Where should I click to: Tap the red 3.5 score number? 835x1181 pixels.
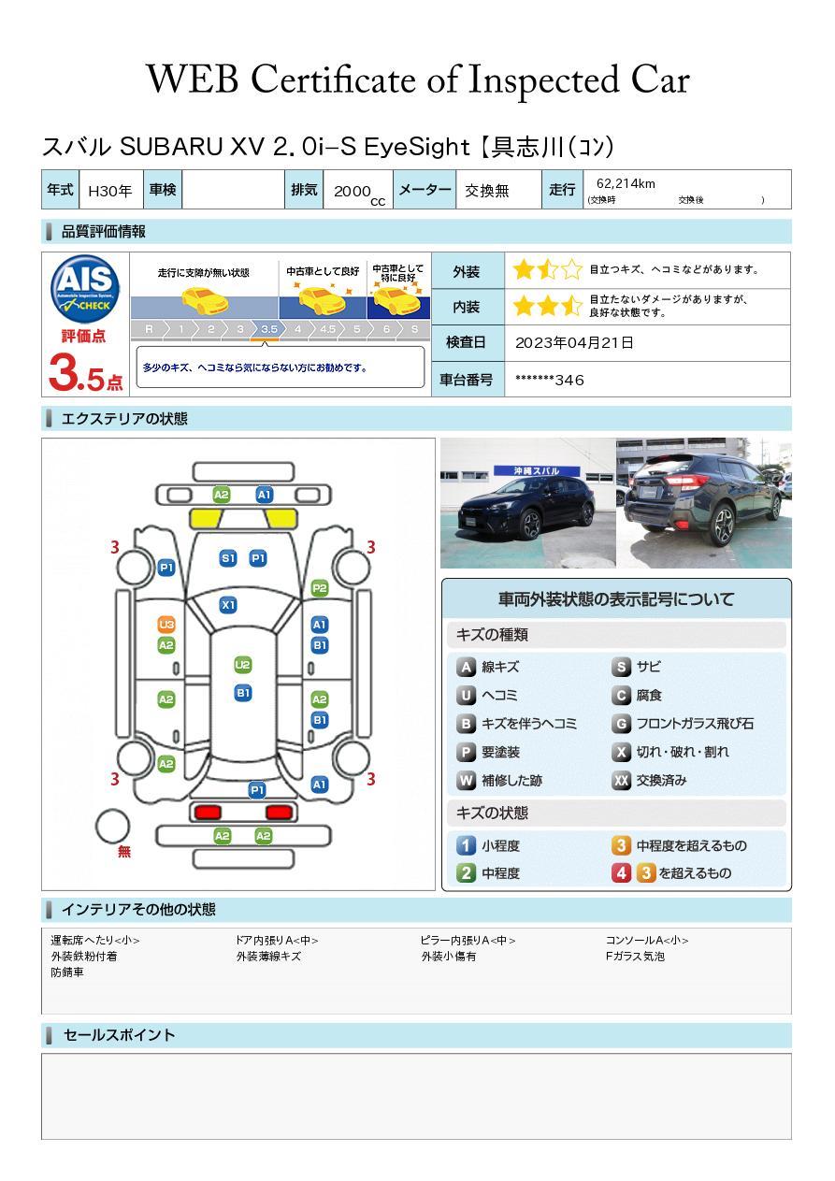click(83, 373)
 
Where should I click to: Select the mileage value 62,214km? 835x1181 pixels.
click(626, 184)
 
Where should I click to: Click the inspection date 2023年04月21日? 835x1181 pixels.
click(574, 343)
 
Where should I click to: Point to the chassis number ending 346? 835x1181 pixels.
click(550, 380)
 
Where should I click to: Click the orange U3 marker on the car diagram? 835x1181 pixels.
click(166, 625)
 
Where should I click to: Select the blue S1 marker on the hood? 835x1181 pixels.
click(228, 558)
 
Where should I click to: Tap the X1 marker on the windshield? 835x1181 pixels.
click(228, 605)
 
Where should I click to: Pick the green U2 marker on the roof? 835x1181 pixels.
click(243, 665)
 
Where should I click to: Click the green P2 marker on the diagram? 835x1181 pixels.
click(320, 588)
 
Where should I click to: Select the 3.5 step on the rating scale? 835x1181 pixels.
click(269, 329)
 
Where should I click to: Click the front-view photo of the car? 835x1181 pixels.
click(527, 504)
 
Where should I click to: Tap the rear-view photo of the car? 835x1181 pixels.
click(703, 504)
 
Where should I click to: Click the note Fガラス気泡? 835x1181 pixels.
click(635, 957)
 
